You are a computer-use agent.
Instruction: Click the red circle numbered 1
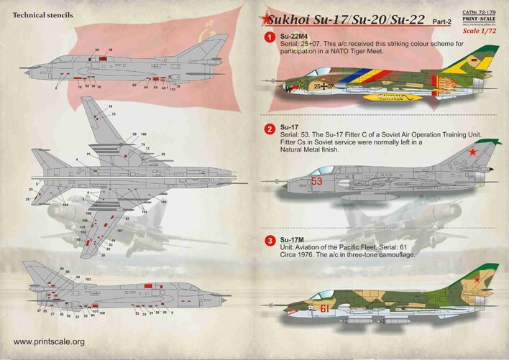click(x=269, y=34)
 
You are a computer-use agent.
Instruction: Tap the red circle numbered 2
click(x=269, y=130)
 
